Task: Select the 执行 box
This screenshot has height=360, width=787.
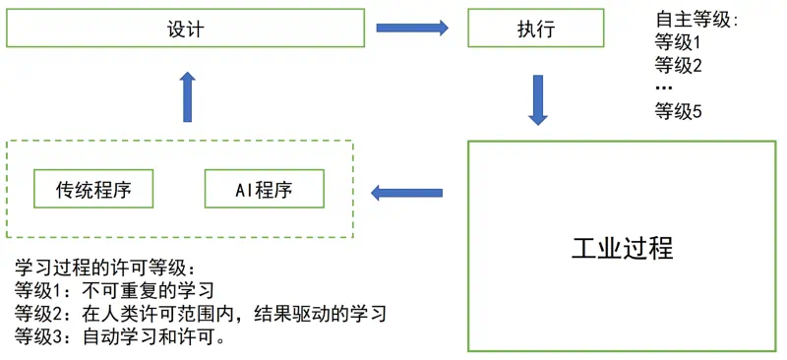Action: click(x=535, y=30)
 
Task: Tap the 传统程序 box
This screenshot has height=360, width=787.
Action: click(x=93, y=189)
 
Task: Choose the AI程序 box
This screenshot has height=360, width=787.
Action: click(x=263, y=189)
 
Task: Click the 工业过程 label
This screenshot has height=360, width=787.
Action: click(x=622, y=248)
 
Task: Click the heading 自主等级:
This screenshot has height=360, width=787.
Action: click(x=696, y=20)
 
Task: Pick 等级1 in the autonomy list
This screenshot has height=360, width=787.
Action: click(x=678, y=43)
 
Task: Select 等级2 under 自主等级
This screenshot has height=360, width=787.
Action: click(x=678, y=66)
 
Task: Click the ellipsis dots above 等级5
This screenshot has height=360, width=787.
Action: click(x=664, y=90)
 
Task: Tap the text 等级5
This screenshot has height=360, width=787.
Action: click(x=678, y=111)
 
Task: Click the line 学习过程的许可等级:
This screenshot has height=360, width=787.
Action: click(x=104, y=268)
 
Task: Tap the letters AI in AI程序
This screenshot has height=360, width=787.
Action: click(x=244, y=190)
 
